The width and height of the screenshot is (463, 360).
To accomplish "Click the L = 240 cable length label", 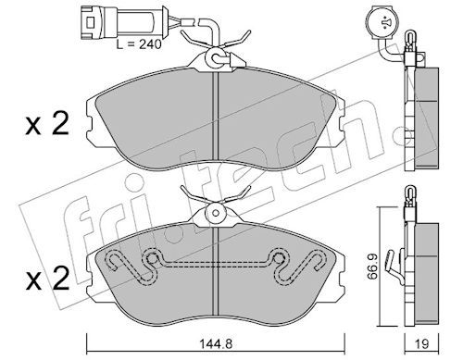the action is pos(139,44).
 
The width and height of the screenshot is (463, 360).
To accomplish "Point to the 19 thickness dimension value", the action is pos(422,344).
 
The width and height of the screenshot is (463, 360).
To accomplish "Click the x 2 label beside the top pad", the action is pos(47,125).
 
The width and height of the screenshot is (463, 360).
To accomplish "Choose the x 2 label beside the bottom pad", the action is pos(47,279).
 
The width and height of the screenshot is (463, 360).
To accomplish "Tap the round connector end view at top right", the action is pos(385,22).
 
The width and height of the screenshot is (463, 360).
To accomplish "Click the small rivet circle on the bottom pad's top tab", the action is pos(216,213).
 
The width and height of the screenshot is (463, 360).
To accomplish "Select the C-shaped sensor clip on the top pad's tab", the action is pos(216,58).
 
